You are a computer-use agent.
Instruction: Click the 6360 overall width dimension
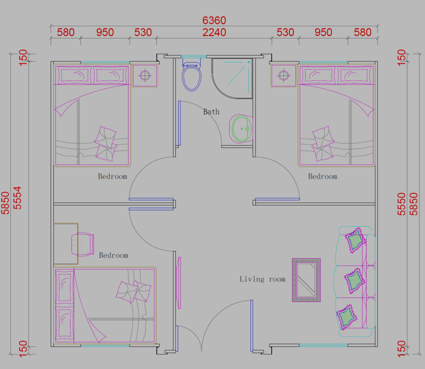click(214, 20)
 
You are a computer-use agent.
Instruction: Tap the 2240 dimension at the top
click(214, 32)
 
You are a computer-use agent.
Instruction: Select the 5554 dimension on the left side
click(17, 198)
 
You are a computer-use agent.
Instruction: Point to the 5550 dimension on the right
click(401, 204)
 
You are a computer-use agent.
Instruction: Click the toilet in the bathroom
click(192, 76)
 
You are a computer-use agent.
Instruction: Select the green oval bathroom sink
click(242, 129)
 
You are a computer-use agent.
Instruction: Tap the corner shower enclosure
click(232, 78)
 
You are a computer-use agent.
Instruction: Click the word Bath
click(211, 112)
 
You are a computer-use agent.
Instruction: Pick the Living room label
click(262, 279)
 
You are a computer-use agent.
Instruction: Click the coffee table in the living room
click(306, 280)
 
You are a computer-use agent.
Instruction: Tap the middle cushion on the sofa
click(355, 281)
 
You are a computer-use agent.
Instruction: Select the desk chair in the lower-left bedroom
click(83, 244)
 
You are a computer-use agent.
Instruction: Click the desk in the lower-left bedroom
click(66, 244)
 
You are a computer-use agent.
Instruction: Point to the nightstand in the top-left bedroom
click(145, 76)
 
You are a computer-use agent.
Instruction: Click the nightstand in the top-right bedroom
click(283, 76)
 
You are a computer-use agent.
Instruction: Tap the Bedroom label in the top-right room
click(322, 176)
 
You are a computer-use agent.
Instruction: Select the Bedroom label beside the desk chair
click(113, 255)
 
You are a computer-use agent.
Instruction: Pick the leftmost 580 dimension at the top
click(66, 32)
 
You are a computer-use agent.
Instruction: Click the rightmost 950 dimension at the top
click(323, 32)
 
